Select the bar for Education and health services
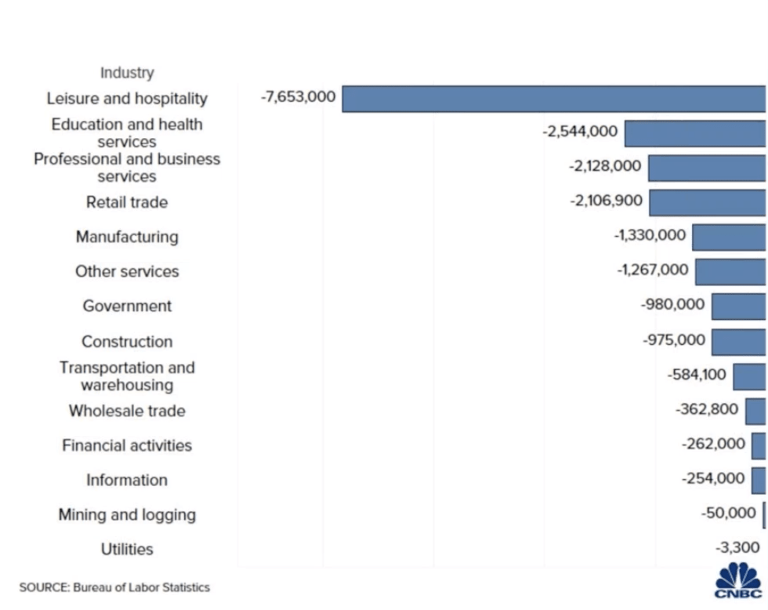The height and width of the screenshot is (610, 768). [x=695, y=133]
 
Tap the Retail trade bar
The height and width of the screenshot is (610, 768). [x=708, y=202]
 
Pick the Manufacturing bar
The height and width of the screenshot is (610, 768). [x=729, y=237]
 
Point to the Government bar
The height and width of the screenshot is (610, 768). [x=739, y=306]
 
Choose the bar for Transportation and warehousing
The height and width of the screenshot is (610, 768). [x=750, y=376]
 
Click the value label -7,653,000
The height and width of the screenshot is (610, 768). [x=298, y=97]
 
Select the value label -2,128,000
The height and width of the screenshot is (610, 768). [x=604, y=166]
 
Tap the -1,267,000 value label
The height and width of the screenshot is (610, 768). [x=653, y=271]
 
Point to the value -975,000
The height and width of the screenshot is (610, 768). [x=673, y=340]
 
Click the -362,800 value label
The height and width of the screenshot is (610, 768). [x=706, y=409]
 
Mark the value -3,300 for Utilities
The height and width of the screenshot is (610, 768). [x=737, y=547]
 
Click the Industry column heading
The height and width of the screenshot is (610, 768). [x=127, y=73]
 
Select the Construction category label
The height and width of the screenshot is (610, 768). [x=127, y=342]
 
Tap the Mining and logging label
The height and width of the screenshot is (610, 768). [x=127, y=515]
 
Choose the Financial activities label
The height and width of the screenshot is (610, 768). [x=127, y=445]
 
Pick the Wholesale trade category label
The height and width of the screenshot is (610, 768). [x=127, y=411]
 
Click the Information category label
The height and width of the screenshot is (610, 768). [x=127, y=480]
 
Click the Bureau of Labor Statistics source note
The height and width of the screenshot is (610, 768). [x=114, y=587]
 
